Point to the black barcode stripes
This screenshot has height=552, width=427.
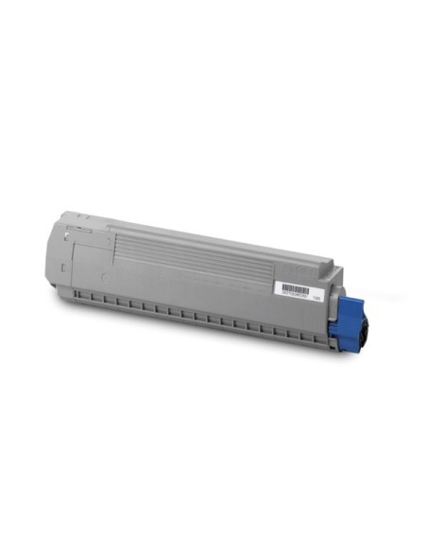coord(297,285)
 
